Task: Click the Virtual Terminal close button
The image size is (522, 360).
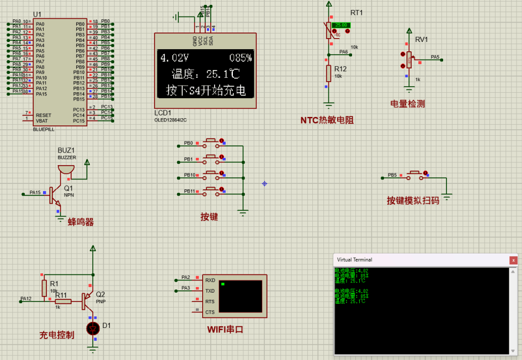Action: [513, 260]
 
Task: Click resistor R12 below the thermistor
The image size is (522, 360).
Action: [328, 73]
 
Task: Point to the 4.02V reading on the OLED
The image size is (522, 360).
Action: [174, 58]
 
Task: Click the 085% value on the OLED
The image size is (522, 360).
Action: [240, 58]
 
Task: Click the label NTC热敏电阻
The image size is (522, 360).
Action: [327, 120]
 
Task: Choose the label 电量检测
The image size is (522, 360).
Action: [407, 104]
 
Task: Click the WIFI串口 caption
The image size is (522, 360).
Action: [225, 330]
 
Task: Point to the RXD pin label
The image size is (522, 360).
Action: [210, 280]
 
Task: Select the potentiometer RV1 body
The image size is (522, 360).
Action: [409, 59]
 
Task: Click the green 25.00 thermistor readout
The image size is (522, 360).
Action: [340, 25]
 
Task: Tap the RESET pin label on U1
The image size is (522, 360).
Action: [44, 115]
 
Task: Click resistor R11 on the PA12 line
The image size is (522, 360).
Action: [63, 301]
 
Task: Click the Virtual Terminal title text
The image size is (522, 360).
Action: [354, 260]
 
